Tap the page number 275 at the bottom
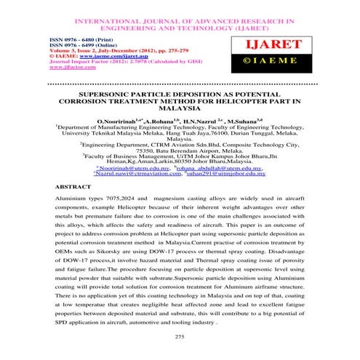[x=180, y=337]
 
